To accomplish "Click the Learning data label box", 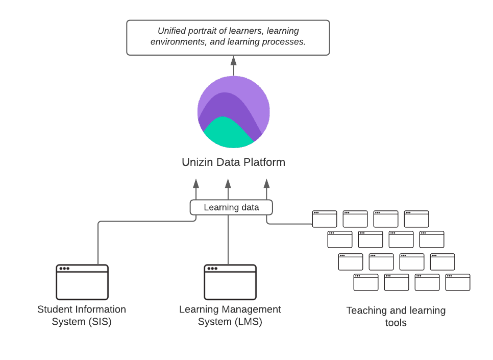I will (x=231, y=207).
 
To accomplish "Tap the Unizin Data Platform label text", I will (x=233, y=162).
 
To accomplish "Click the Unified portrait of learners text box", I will (x=228, y=37).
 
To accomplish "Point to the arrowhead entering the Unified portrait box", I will (x=234, y=60).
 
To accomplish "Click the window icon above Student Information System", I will (x=82, y=282).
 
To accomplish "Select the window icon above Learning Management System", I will (x=230, y=282).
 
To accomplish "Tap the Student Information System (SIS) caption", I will (x=82, y=316).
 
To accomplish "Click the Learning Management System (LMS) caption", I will (x=230, y=316).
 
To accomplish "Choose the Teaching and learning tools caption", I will (x=396, y=317).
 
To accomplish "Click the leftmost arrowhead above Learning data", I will (x=196, y=183).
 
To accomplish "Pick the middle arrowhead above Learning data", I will (x=228, y=183).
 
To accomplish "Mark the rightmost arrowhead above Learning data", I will (x=266, y=183).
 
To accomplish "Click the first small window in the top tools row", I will (x=325, y=219).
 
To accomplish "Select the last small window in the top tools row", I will (x=416, y=219).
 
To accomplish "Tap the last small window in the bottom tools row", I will (x=458, y=282).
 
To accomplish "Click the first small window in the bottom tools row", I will (x=366, y=282).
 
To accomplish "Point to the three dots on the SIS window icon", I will (x=64, y=269).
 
